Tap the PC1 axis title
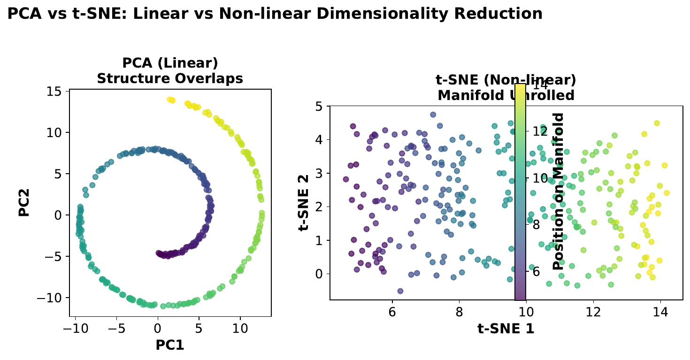pyautogui.click(x=169, y=345)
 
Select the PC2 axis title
pyautogui.click(x=25, y=203)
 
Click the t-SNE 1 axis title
pyautogui.click(x=506, y=329)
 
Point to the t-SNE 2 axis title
pyautogui.click(x=307, y=203)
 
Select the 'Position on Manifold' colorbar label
pyautogui.click(x=558, y=191)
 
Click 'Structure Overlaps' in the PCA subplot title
pyautogui.click(x=170, y=78)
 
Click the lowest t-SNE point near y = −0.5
pyautogui.click(x=400, y=291)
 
